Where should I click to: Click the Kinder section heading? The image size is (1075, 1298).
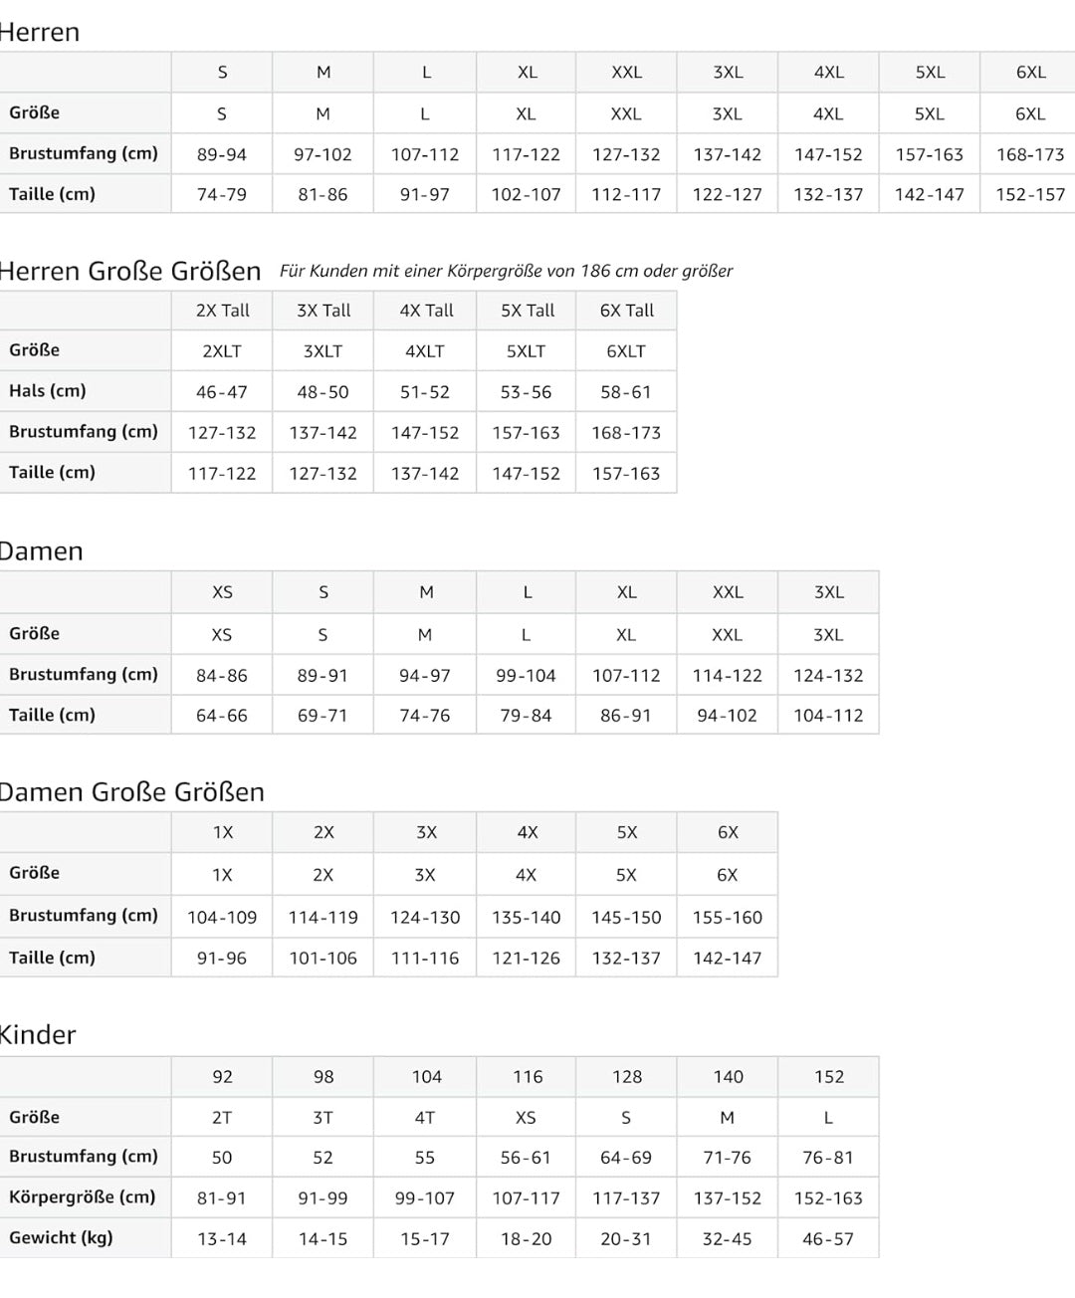pyautogui.click(x=38, y=1035)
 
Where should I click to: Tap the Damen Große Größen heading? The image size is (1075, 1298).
pyautogui.click(x=131, y=792)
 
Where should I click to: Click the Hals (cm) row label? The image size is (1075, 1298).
pyautogui.click(x=48, y=391)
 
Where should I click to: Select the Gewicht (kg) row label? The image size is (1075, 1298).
pyautogui.click(x=61, y=1238)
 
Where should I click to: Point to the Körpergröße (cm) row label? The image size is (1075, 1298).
pyautogui.click(x=83, y=1197)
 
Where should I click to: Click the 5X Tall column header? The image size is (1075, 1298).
pyautogui.click(x=528, y=311)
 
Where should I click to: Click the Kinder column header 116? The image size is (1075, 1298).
pyautogui.click(x=528, y=1077)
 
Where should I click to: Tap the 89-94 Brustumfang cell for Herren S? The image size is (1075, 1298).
pyautogui.click(x=222, y=155)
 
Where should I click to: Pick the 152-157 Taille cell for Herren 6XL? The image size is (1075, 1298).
pyautogui.click(x=1030, y=195)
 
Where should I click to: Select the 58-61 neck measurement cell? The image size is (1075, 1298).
pyautogui.click(x=626, y=392)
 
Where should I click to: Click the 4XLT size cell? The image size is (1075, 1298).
pyautogui.click(x=425, y=351)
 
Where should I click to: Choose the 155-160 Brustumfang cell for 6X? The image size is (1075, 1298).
pyautogui.click(x=728, y=918)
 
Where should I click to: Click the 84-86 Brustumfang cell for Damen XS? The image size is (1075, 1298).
pyautogui.click(x=222, y=676)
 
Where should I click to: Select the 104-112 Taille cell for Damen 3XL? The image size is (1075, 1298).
pyautogui.click(x=828, y=716)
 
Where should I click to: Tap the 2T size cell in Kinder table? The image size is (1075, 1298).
pyautogui.click(x=222, y=1118)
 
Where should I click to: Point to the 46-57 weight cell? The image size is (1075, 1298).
pyautogui.click(x=828, y=1239)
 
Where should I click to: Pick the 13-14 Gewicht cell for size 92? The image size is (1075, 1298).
pyautogui.click(x=222, y=1239)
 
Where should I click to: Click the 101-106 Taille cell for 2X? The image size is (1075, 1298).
pyautogui.click(x=323, y=959)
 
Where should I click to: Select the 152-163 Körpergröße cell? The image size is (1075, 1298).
pyautogui.click(x=828, y=1198)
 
